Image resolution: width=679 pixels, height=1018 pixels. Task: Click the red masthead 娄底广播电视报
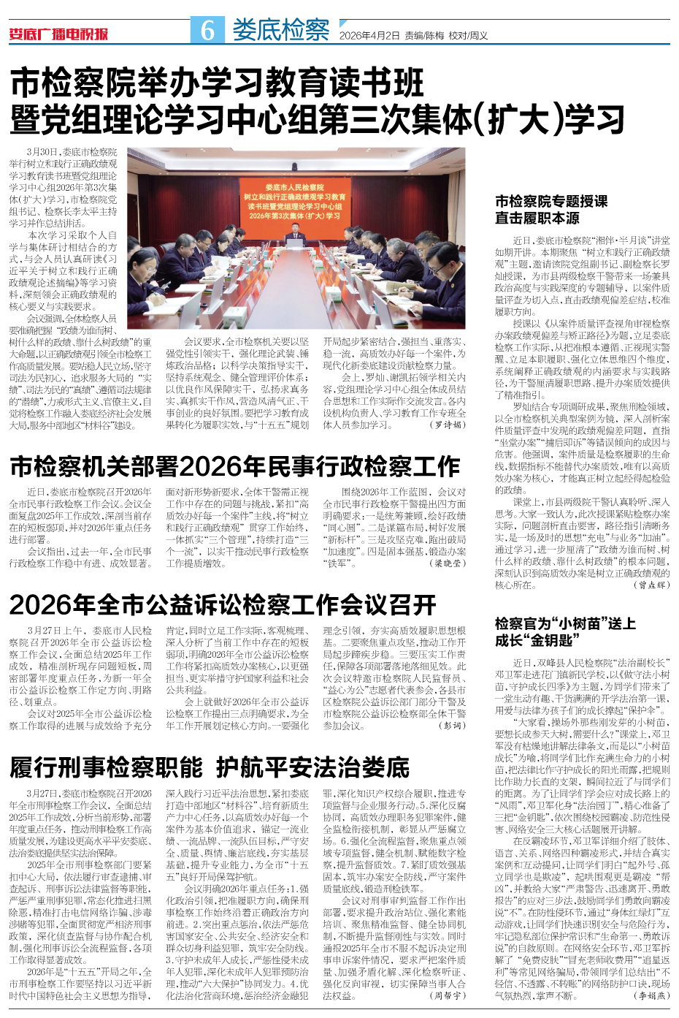point(58,34)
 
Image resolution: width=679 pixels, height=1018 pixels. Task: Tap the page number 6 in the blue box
point(208,30)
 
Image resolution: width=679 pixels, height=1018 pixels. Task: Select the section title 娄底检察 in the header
point(280,30)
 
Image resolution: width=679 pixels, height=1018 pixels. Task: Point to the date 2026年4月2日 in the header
point(370,35)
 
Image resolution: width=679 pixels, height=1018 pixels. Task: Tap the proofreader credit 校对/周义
point(468,35)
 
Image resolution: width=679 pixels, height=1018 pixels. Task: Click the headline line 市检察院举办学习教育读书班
point(217,85)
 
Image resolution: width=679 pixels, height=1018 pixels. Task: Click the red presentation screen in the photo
point(294,202)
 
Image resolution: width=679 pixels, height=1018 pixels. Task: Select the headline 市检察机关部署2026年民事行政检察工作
point(234,467)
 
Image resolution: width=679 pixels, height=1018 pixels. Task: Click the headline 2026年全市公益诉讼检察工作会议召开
point(223,605)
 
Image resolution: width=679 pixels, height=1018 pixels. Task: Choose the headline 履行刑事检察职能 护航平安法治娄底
point(210,768)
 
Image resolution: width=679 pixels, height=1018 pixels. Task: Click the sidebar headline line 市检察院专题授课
point(551,201)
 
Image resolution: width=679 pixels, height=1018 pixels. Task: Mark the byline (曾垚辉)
point(652,585)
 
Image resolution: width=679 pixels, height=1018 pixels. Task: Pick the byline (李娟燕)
point(652,995)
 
